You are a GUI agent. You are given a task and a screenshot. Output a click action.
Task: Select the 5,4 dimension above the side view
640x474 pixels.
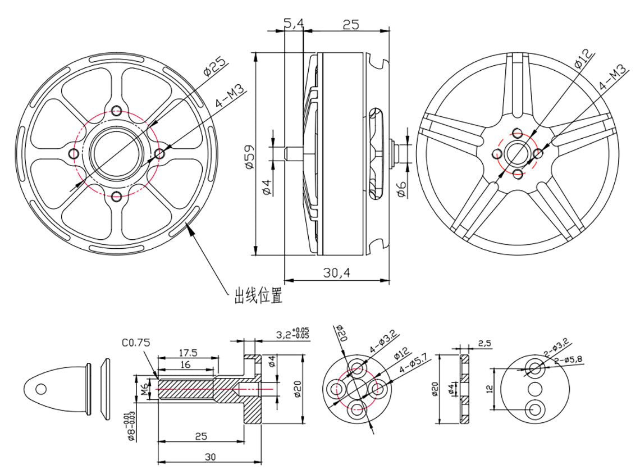(x=294, y=24)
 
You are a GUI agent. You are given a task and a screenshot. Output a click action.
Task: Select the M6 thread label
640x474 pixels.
(x=145, y=389)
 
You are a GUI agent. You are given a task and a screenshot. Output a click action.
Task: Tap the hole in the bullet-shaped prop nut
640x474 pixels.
(x=39, y=388)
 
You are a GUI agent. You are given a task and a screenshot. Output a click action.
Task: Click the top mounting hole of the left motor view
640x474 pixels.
(x=117, y=110)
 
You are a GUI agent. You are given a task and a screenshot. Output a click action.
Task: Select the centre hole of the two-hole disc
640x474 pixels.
(x=534, y=388)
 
